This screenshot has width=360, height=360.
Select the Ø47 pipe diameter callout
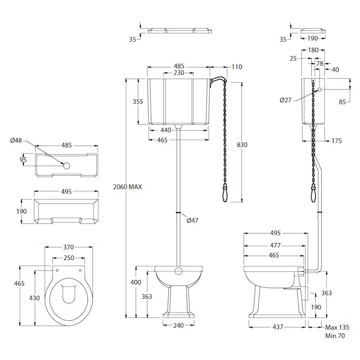192,220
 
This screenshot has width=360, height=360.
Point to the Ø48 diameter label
16,140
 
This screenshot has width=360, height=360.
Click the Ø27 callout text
286,100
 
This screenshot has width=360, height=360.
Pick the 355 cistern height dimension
138,102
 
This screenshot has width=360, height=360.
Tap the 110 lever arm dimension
237,67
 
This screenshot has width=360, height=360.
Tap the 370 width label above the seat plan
69,247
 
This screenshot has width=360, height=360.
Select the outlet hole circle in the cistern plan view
67,165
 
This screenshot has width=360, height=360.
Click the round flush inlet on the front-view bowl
178,272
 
